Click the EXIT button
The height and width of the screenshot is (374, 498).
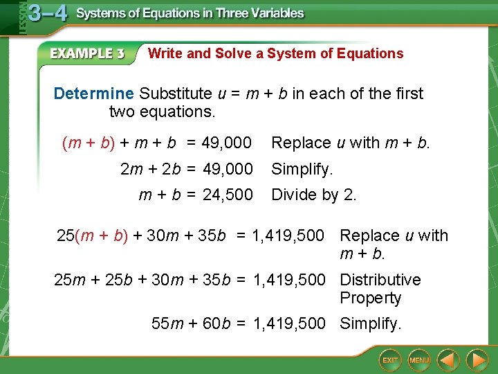(x=391, y=360)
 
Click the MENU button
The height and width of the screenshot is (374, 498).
(x=419, y=360)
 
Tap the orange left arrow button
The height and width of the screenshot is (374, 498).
(x=449, y=360)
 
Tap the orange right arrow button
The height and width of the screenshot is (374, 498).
(x=477, y=360)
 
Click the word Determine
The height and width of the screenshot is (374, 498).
(x=93, y=93)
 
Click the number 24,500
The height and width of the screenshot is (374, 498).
(x=228, y=195)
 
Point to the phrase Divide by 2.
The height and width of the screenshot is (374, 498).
(x=314, y=195)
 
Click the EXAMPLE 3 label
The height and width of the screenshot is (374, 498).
(x=86, y=54)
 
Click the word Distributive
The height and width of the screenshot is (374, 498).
(x=380, y=280)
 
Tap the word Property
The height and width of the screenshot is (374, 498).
(x=370, y=298)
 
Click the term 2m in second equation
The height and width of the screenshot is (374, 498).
(x=131, y=169)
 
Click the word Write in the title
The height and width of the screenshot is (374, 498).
(x=165, y=53)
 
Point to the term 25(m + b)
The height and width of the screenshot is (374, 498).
(x=93, y=235)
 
